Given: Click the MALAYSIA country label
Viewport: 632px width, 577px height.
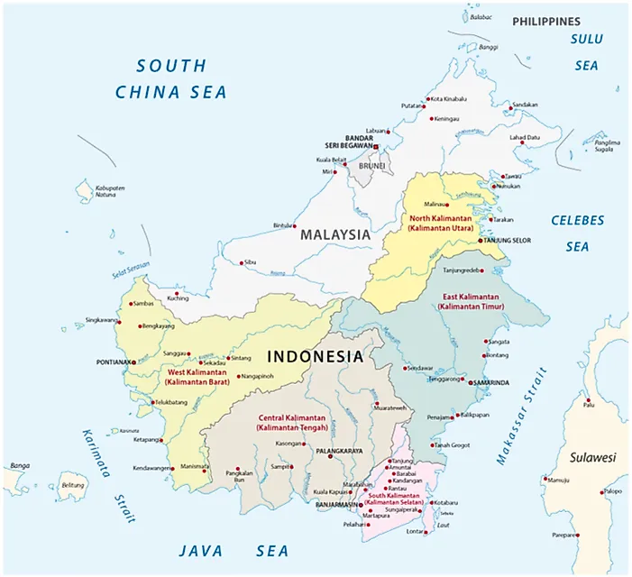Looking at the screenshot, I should [335, 234].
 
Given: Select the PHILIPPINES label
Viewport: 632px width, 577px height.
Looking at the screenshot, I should [545, 21].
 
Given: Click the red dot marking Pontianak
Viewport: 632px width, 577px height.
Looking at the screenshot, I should [136, 362].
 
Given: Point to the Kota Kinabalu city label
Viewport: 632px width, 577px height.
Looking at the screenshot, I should [448, 98].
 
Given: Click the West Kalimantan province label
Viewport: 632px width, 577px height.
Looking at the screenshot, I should [197, 377].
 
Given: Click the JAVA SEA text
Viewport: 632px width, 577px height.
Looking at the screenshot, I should [234, 551].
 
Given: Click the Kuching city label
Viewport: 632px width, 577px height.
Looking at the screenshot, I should [177, 298].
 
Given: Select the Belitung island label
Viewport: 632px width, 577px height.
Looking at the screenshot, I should [72, 484].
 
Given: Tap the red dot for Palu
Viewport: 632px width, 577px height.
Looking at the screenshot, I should [587, 400].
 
